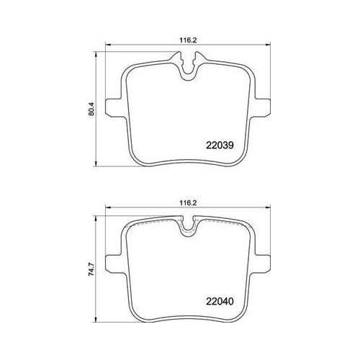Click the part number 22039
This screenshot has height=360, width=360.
220,145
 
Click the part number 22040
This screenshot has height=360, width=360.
220,302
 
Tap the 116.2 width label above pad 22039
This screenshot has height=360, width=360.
188,40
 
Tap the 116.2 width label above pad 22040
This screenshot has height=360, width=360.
188,203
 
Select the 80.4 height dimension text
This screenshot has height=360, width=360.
91,109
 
